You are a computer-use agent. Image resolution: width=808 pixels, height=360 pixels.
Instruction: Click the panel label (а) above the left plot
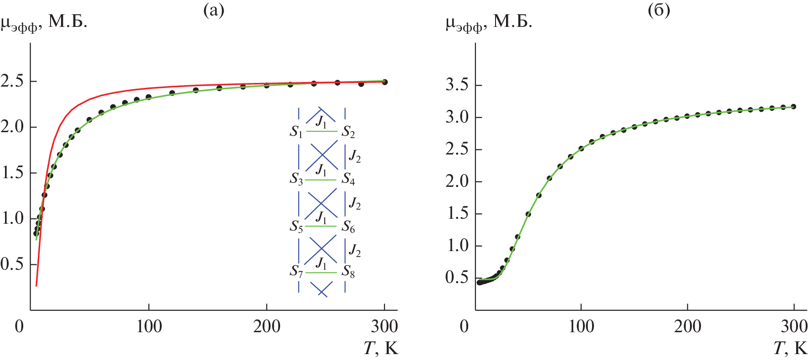coord(214,10)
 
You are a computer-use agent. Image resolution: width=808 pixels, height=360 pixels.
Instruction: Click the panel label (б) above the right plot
coord(659,10)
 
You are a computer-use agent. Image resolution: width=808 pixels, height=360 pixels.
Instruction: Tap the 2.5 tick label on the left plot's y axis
coord(12,82)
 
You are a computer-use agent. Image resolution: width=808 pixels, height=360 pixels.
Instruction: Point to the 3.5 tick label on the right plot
coord(457,85)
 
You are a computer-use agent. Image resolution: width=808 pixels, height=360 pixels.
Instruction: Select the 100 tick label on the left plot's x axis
coord(149,327)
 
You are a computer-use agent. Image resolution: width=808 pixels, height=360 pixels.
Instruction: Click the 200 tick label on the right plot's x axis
coord(687,327)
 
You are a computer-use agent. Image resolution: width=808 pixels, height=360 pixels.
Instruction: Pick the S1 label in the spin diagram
coord(296,132)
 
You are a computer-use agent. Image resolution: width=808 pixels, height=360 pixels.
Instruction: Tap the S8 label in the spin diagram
coord(348,272)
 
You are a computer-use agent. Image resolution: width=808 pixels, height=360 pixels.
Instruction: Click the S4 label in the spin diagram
coord(348,179)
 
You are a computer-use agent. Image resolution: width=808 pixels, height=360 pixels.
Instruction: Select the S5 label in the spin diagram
coord(296,226)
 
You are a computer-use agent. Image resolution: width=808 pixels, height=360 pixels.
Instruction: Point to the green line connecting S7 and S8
coord(321,273)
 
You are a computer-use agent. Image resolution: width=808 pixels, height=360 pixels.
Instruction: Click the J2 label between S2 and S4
coord(354,156)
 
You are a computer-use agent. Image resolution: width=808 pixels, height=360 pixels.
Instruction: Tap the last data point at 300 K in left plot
coord(384,82)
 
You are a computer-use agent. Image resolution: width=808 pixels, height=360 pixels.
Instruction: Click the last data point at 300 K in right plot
coord(793,107)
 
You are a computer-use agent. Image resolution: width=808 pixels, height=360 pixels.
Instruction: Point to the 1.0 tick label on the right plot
coord(457,246)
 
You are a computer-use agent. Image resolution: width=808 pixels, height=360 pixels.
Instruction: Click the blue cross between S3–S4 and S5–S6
coord(322,203)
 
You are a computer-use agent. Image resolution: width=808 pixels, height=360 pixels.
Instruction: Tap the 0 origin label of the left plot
coord(19,327)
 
